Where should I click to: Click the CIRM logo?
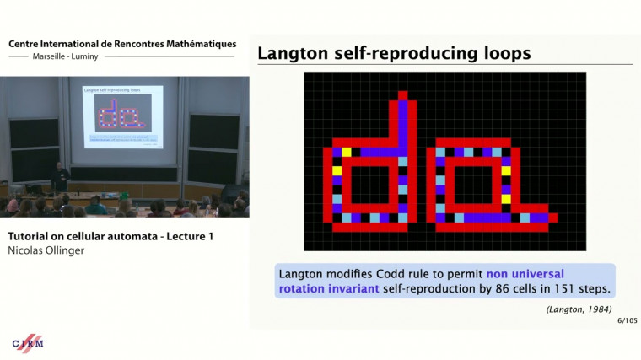click(x=28, y=342)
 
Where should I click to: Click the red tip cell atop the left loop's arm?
click(x=403, y=95)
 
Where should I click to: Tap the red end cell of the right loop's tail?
click(x=552, y=218)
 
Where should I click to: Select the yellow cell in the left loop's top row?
click(x=346, y=152)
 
